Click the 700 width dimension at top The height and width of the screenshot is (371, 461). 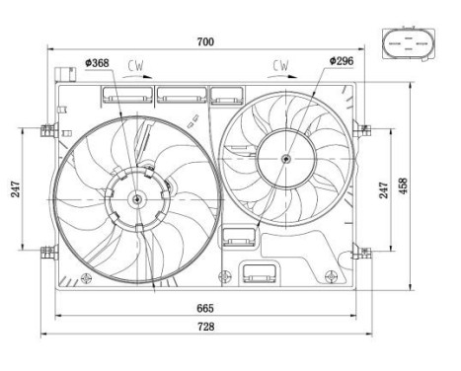pos(205,41)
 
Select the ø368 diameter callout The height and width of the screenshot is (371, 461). pos(97,64)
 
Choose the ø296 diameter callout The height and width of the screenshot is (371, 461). pos(341,61)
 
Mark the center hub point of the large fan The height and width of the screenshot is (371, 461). pos(136,198)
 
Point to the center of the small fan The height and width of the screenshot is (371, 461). pos(285,158)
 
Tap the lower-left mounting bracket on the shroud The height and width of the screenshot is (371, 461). pos(46,251)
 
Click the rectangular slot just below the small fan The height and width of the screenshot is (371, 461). pos(238,237)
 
